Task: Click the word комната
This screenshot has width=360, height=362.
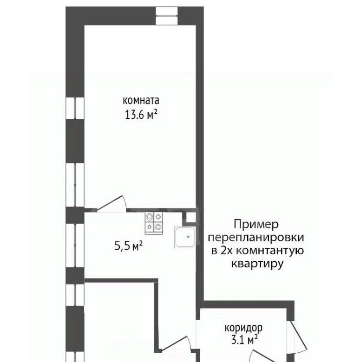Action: [141, 101]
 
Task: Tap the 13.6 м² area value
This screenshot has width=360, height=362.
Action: [141, 114]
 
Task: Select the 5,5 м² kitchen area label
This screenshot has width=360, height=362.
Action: [128, 246]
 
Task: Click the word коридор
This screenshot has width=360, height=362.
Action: [243, 328]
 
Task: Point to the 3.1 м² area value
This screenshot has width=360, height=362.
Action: [244, 340]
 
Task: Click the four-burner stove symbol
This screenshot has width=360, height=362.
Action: [154, 223]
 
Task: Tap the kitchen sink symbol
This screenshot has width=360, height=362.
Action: [185, 237]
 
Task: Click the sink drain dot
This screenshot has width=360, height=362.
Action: [188, 237]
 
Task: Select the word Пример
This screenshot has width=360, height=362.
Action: [256, 225]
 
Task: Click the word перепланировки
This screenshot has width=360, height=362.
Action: [256, 238]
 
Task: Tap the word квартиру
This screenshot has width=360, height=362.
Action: [257, 264]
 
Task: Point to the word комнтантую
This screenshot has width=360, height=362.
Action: [270, 251]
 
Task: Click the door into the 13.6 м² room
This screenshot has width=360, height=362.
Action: [111, 204]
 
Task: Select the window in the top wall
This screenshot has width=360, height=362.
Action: [167, 16]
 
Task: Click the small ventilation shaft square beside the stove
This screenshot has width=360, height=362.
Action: [191, 218]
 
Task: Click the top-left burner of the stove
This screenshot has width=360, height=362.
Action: [150, 217]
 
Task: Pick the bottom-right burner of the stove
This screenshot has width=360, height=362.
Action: [158, 227]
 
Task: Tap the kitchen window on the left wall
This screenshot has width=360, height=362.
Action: [75, 246]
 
